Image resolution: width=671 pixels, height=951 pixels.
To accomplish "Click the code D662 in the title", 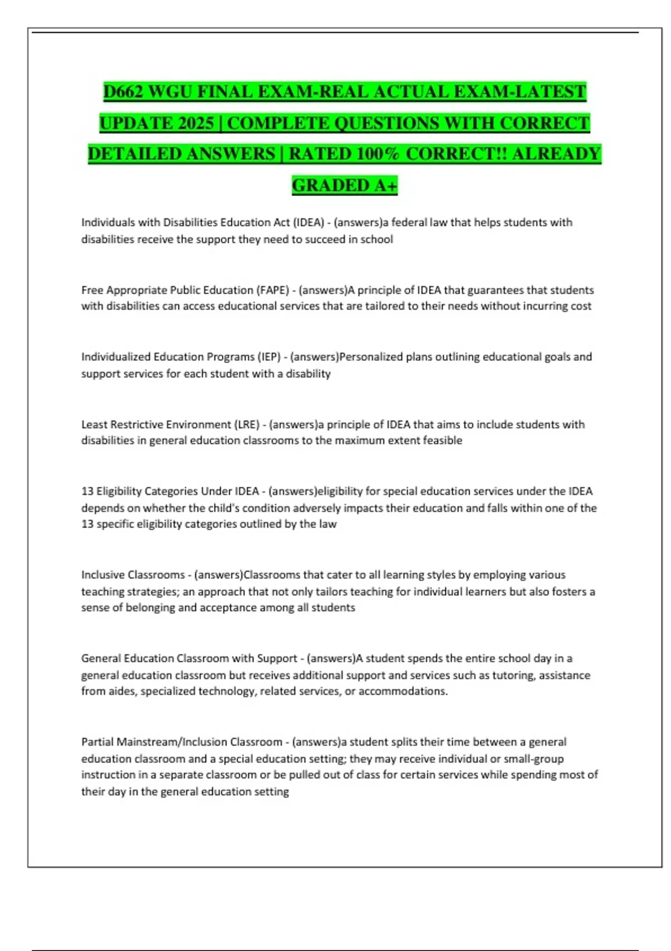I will point(124,92).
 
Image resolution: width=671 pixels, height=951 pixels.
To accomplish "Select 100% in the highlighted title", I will point(377,154).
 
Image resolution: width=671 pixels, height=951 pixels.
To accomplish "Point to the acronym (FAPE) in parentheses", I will point(272,290).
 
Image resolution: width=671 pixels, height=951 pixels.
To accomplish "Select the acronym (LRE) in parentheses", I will point(247,424).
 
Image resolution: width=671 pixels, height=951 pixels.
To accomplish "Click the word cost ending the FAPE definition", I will point(580,306).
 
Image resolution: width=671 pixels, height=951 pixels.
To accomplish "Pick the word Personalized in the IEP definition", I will point(371,357).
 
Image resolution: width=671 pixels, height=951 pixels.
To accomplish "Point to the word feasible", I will point(442,440).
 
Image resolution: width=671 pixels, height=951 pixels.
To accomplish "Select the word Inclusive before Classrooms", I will point(103,575).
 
